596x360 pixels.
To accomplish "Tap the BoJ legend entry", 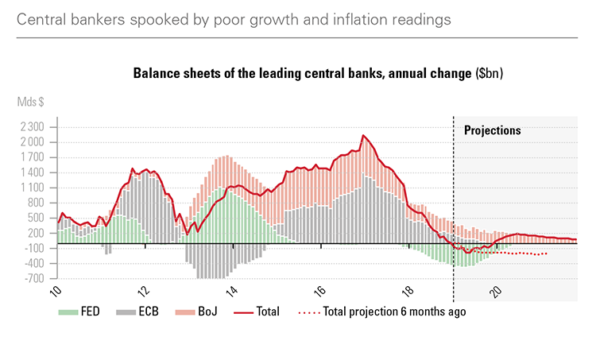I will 202,312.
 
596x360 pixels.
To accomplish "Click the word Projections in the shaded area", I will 492,130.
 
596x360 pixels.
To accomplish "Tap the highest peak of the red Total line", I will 363,135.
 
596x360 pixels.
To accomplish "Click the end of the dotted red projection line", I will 547,253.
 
